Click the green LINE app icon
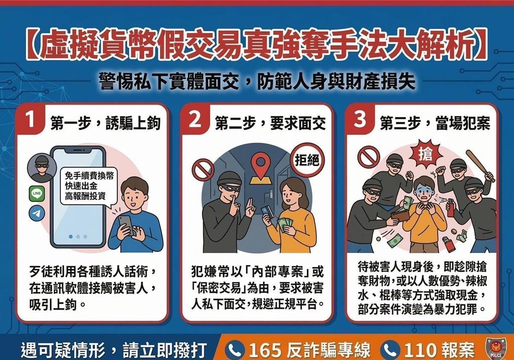pos(37,193)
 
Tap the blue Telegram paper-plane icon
pos(37,213)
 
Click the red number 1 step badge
pos(31,121)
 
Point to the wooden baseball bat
pos(480,165)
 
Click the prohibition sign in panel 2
pos(203,170)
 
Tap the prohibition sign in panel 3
pos(368,156)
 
